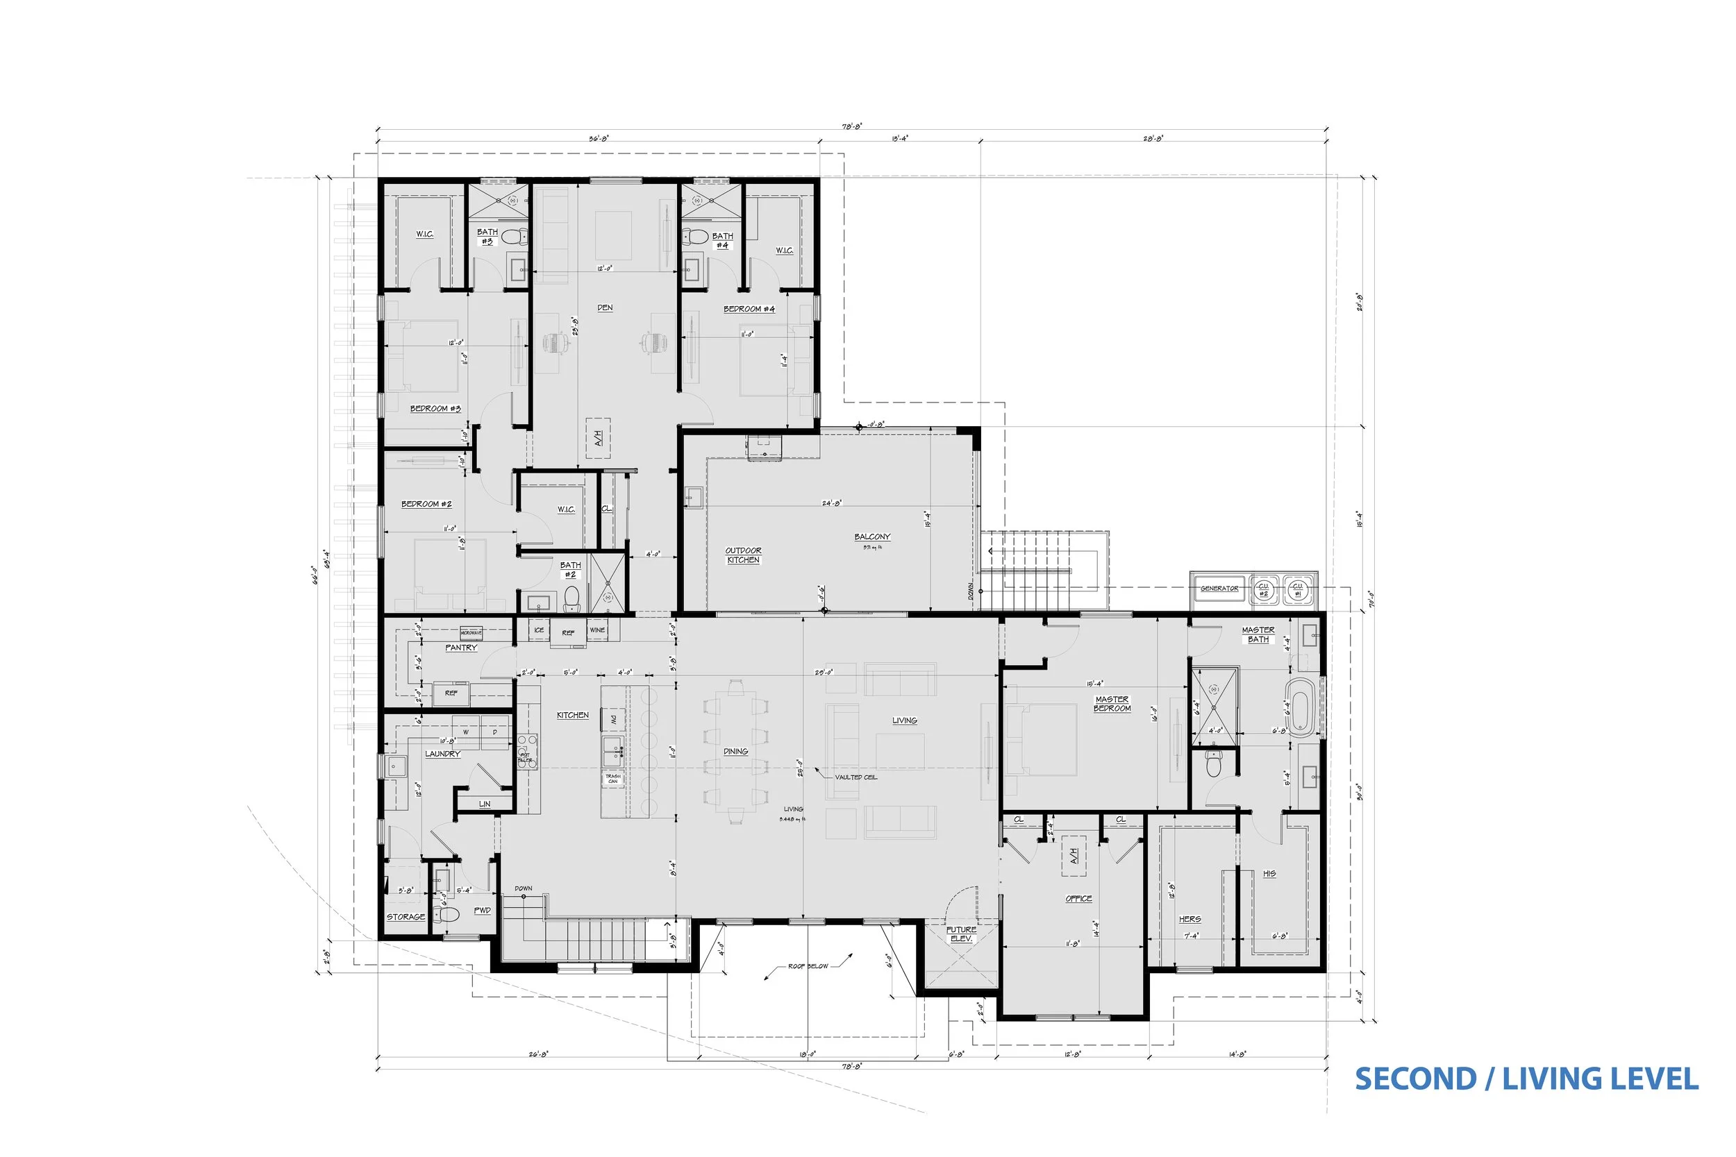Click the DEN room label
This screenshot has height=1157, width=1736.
click(605, 307)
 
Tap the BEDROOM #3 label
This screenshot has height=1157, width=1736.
click(435, 408)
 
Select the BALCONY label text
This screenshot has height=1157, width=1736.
click(871, 537)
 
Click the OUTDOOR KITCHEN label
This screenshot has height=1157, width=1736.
click(742, 555)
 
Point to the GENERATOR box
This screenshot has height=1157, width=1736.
click(1219, 588)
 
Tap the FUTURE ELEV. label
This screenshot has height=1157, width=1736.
click(961, 934)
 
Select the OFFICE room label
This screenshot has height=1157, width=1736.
click(1078, 898)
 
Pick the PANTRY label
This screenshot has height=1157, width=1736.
click(460, 647)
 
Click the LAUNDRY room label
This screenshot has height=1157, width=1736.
click(442, 753)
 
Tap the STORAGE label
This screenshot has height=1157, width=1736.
click(406, 916)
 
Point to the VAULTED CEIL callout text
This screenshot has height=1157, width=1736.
click(856, 777)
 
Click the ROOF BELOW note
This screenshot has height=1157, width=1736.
click(808, 966)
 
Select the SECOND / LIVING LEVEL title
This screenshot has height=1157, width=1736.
click(1526, 1079)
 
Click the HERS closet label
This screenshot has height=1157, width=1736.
click(1189, 919)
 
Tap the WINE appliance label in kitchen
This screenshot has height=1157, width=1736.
click(597, 630)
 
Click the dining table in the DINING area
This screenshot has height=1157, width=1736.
click(735, 751)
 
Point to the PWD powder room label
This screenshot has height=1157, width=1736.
click(482, 910)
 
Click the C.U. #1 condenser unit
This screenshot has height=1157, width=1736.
click(1298, 589)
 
